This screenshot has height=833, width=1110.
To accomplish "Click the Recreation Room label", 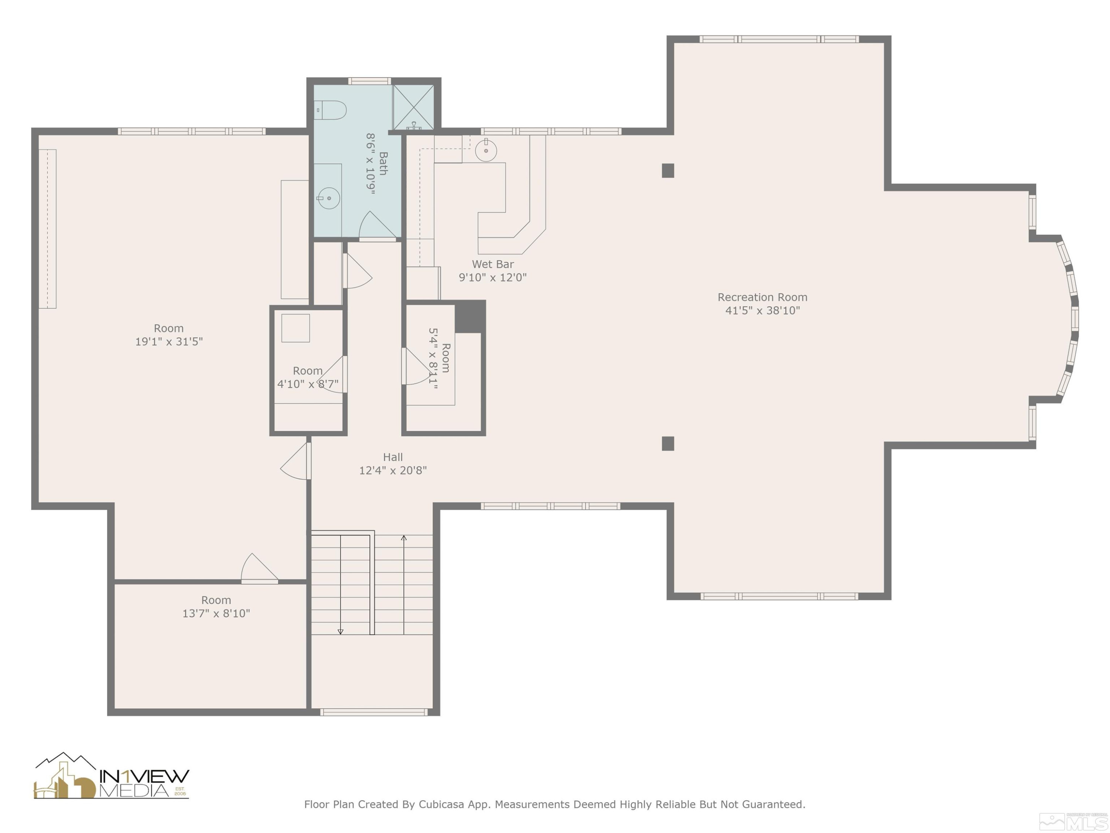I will pos(762,297).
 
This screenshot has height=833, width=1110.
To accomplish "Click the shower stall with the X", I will pos(413,107).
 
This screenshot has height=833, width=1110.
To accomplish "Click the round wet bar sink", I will pos(486,150).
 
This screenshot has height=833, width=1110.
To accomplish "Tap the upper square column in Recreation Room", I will pos(667,171).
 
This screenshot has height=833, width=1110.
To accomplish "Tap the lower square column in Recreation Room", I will pos(667,444).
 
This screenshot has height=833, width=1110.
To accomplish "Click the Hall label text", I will pos(393,457).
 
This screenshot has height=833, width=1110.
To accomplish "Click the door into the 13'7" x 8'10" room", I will pos(259,569).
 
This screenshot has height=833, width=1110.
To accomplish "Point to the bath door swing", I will pos(376,225).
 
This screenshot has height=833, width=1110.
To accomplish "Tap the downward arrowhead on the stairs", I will pos(340,632).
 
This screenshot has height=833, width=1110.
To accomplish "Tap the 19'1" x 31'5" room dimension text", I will pos(169,341).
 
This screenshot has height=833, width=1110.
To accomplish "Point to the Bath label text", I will pos(383,164).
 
